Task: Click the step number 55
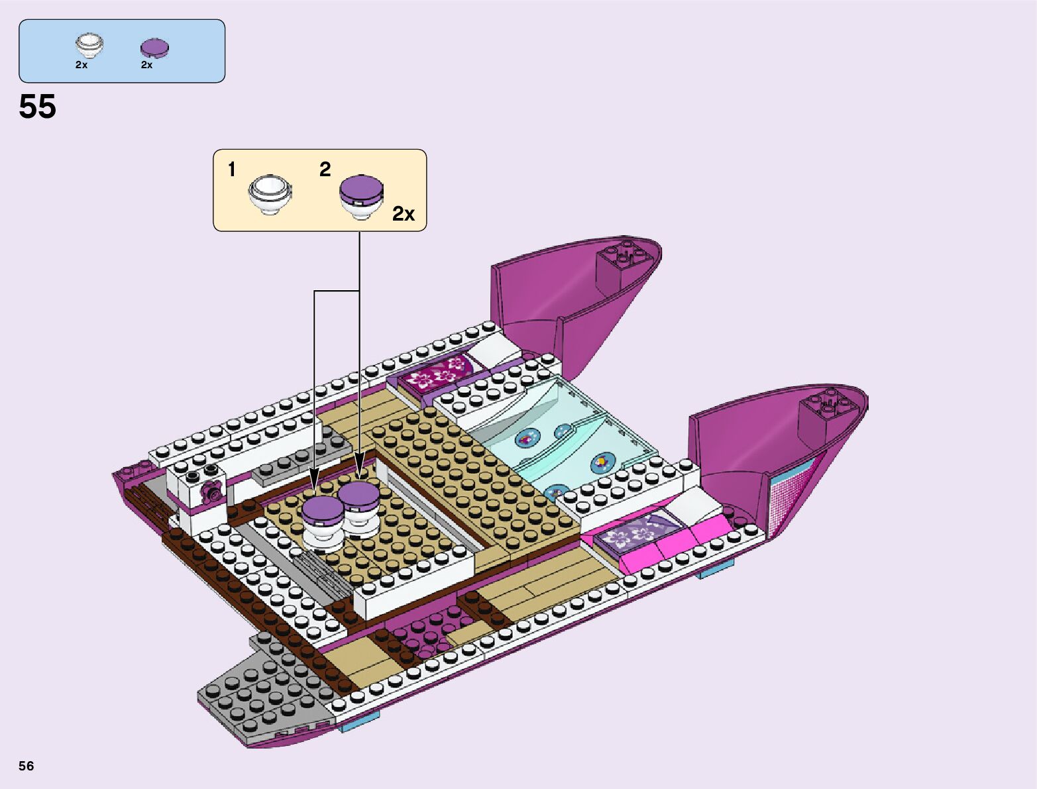point(38,107)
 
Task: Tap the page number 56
point(26,766)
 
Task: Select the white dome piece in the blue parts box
point(89,45)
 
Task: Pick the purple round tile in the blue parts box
point(154,48)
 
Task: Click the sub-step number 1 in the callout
point(231,170)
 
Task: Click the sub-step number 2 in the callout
point(325,170)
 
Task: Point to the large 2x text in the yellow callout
point(403,213)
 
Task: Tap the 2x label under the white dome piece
point(82,65)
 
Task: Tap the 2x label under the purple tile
point(146,65)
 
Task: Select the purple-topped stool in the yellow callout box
point(361,197)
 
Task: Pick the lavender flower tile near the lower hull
point(636,531)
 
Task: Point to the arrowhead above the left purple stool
point(314,476)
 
